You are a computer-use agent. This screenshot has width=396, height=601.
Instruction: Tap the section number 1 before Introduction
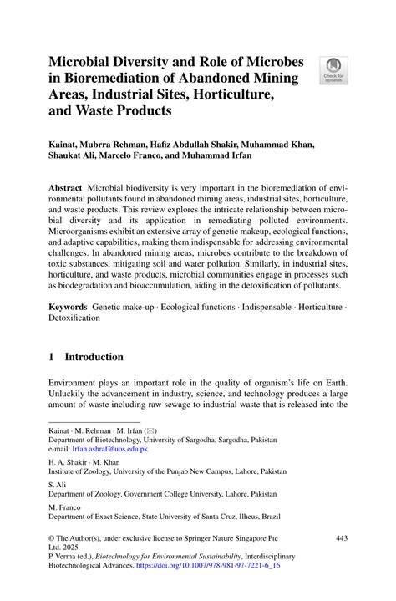point(52,357)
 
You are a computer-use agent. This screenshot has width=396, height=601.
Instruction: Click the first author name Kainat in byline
point(65,143)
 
